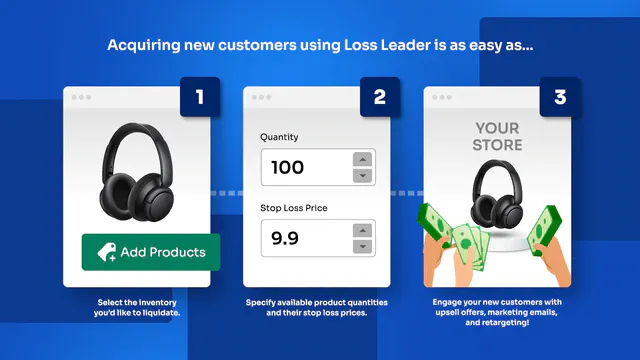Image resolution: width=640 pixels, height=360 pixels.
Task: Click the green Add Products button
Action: click(151, 252)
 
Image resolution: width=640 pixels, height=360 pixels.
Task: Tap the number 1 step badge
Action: click(200, 97)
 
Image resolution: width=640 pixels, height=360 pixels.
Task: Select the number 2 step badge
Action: click(380, 97)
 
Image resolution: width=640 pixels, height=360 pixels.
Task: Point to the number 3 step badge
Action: click(560, 97)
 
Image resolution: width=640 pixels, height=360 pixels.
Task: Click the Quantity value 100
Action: click(287, 167)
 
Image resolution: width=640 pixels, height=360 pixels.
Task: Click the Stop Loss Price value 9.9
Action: click(284, 238)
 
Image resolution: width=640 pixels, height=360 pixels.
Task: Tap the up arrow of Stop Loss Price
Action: click(362, 231)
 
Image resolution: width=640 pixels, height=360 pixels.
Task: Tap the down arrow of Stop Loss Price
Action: click(362, 246)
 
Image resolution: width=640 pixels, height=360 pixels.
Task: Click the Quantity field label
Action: click(279, 137)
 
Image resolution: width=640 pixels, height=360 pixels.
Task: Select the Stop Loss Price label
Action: click(294, 208)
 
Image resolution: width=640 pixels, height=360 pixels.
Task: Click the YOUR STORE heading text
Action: click(497, 136)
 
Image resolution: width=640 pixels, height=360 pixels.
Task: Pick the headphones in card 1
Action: click(137, 171)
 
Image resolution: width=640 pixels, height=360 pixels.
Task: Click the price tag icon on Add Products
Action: click(107, 252)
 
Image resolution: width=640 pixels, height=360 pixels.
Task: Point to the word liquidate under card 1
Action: click(162, 313)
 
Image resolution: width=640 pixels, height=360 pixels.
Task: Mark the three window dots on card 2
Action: click(261, 97)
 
